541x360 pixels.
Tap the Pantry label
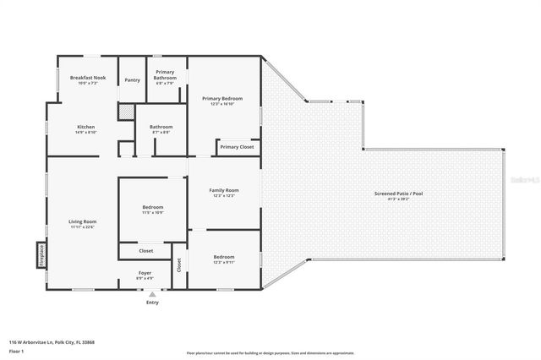point(132,80)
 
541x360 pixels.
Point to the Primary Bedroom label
point(222,98)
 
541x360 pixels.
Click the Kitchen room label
point(86,127)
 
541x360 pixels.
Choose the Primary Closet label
point(236,147)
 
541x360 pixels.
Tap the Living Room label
point(82,221)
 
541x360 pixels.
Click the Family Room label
point(223,190)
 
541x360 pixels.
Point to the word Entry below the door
point(152,302)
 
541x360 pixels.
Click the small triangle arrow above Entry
point(152,293)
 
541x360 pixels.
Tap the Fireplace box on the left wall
point(41,255)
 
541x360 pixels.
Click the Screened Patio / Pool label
point(398,194)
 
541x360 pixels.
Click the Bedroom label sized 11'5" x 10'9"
point(152,207)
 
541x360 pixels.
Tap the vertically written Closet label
point(178,264)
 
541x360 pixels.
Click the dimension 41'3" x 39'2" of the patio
point(398,199)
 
